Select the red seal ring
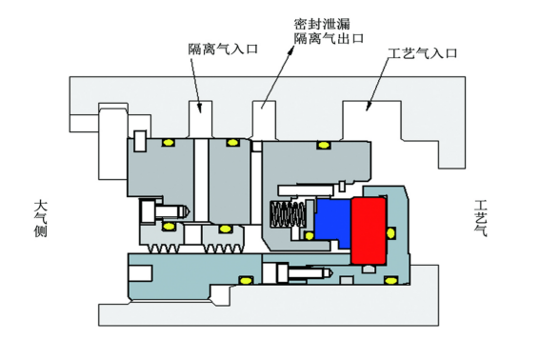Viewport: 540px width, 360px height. (x=368, y=230)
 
